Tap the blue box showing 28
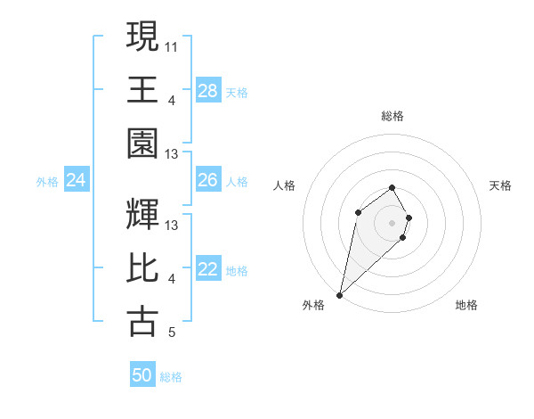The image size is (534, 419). click(208, 91)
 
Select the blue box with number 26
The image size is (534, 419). click(208, 180)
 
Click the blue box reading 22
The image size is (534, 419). click(208, 269)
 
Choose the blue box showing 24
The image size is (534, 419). click(77, 181)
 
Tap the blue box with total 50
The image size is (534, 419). click(142, 375)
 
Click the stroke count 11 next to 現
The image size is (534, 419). click(172, 45)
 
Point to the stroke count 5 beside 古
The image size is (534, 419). click(172, 333)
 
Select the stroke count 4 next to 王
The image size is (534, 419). click(172, 100)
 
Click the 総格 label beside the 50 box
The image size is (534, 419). click(171, 377)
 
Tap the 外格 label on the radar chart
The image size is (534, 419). click(313, 306)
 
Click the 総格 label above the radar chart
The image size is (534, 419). click(392, 116)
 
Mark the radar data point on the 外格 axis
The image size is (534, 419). click(339, 294)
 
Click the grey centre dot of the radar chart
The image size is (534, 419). click(392, 222)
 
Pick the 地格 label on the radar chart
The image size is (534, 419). click(466, 306)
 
